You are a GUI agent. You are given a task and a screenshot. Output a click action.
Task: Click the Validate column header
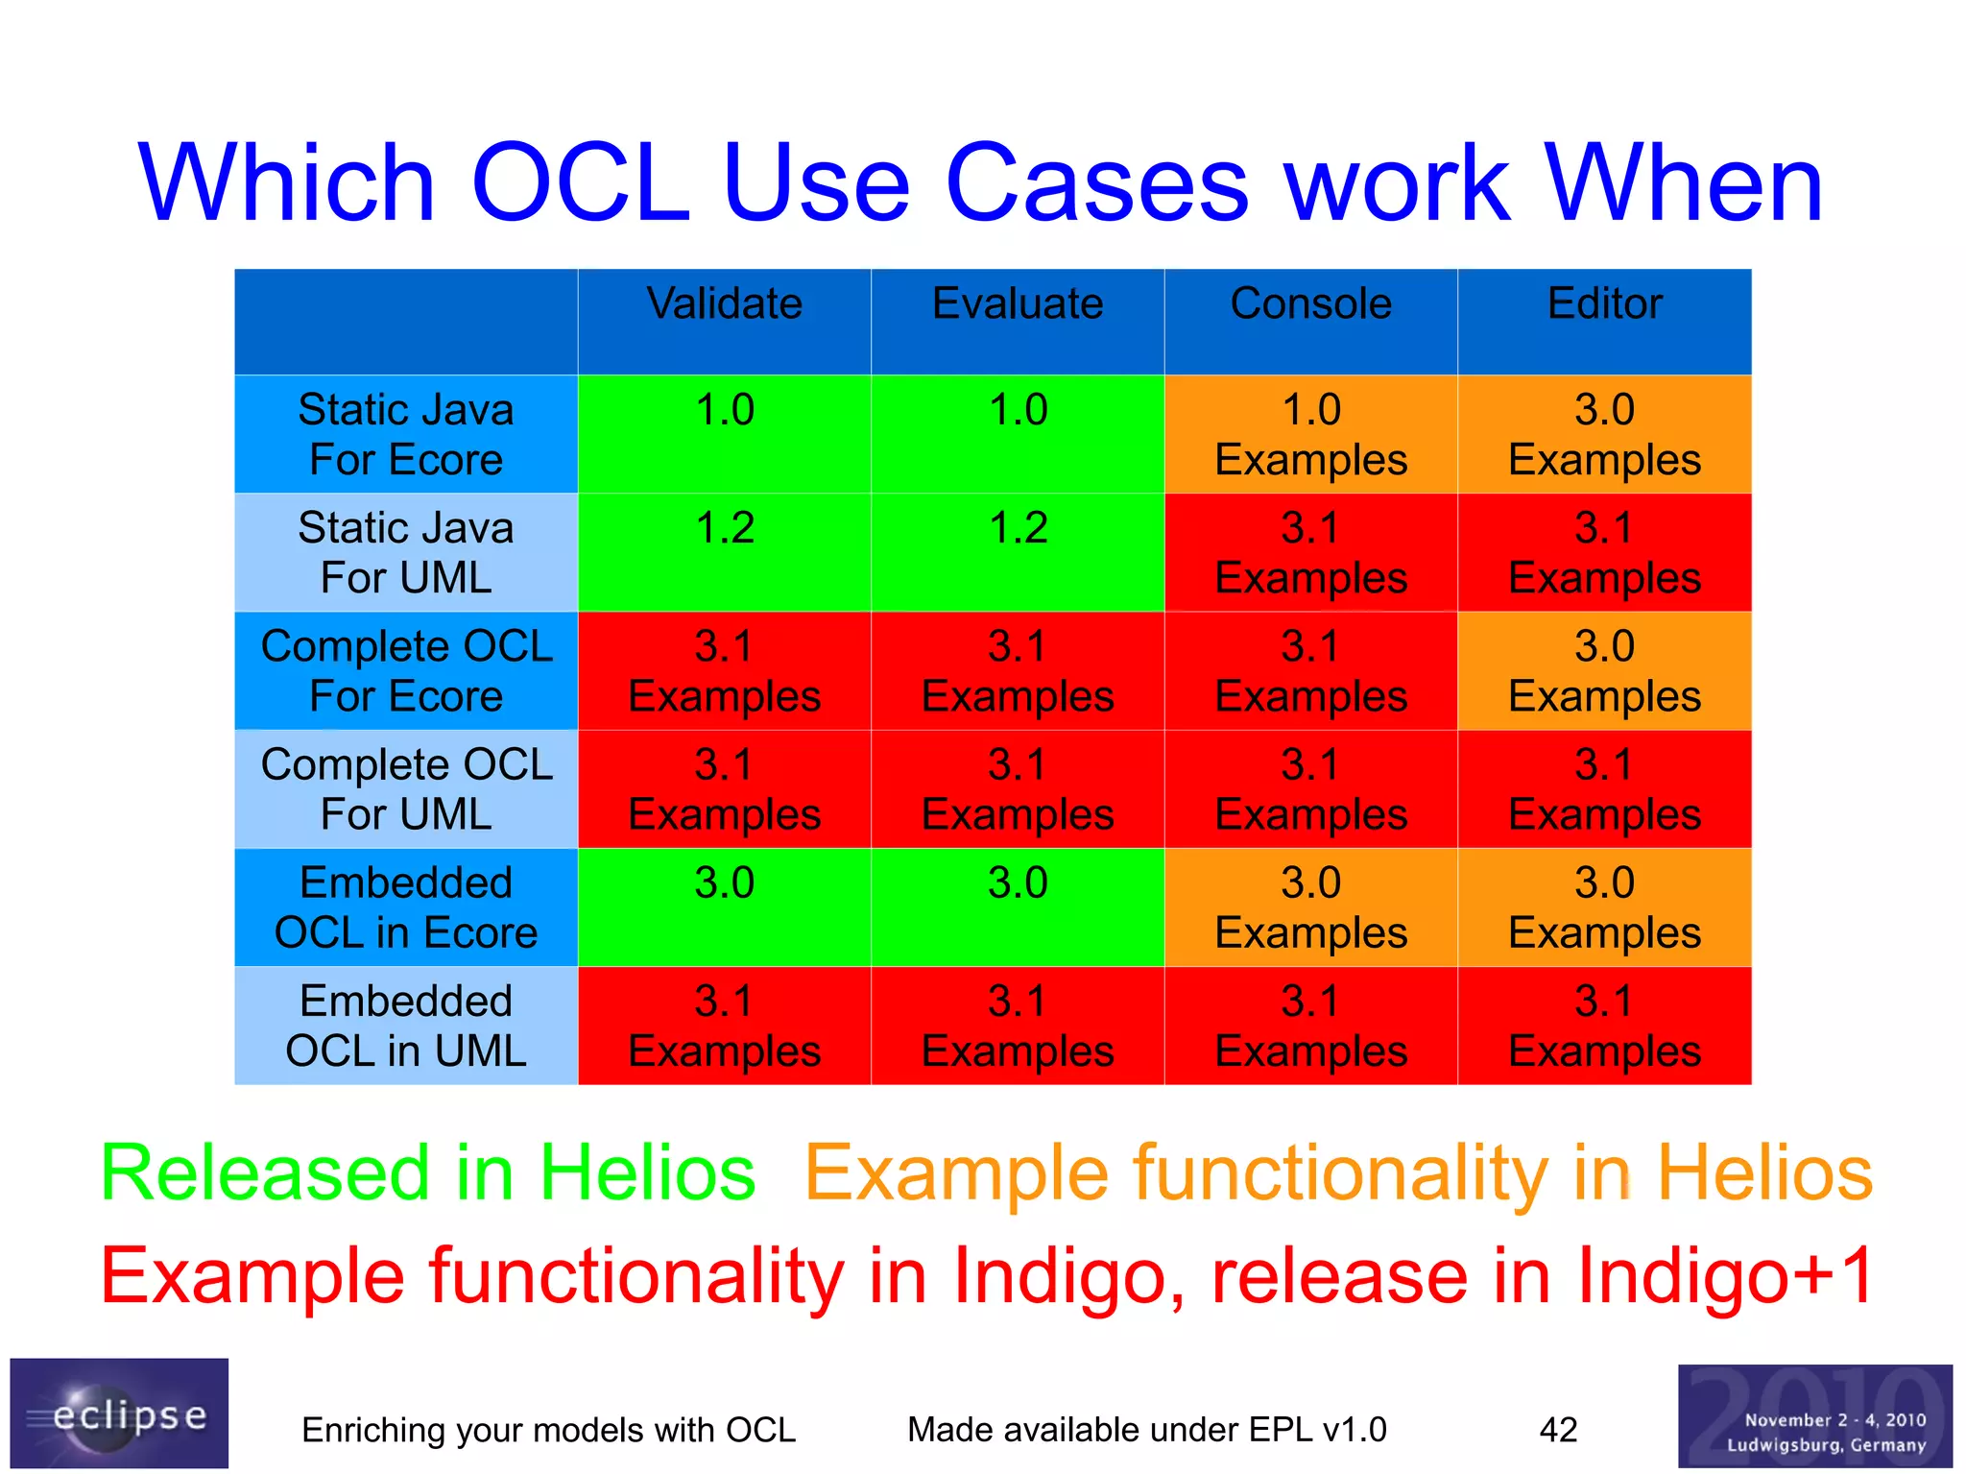[x=724, y=304]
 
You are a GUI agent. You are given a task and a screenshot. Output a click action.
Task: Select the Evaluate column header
[x=1018, y=304]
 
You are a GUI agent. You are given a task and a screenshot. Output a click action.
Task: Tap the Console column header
[x=1310, y=304]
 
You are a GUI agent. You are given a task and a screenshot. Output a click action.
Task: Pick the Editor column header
[x=1604, y=304]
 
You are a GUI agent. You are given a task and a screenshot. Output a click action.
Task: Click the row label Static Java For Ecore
[x=406, y=434]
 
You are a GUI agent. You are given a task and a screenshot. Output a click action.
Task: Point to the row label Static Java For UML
[x=406, y=552]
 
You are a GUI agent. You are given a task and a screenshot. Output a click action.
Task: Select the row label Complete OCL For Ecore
[x=406, y=670]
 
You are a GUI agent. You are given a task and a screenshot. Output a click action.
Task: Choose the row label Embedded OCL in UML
[x=406, y=1026]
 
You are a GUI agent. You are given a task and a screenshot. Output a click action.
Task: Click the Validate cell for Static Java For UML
[x=724, y=552]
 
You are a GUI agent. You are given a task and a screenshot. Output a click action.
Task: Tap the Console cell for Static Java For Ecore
[x=1310, y=434]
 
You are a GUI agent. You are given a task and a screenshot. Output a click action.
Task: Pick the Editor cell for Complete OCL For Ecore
[x=1604, y=670]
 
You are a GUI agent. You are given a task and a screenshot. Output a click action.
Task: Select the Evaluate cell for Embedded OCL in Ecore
[x=1018, y=907]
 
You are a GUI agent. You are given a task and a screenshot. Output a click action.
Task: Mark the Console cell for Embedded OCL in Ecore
[x=1310, y=907]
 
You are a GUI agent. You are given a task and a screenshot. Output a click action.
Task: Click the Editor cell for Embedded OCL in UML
[x=1604, y=1026]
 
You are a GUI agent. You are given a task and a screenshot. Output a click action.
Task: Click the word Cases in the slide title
[x=1097, y=183]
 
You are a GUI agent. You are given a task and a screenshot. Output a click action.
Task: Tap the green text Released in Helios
[x=428, y=1172]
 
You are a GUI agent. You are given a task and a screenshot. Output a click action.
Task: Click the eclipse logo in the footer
[x=119, y=1413]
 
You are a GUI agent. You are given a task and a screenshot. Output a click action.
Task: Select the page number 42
[x=1558, y=1430]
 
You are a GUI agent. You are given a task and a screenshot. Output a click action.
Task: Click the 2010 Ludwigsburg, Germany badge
[x=1814, y=1416]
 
